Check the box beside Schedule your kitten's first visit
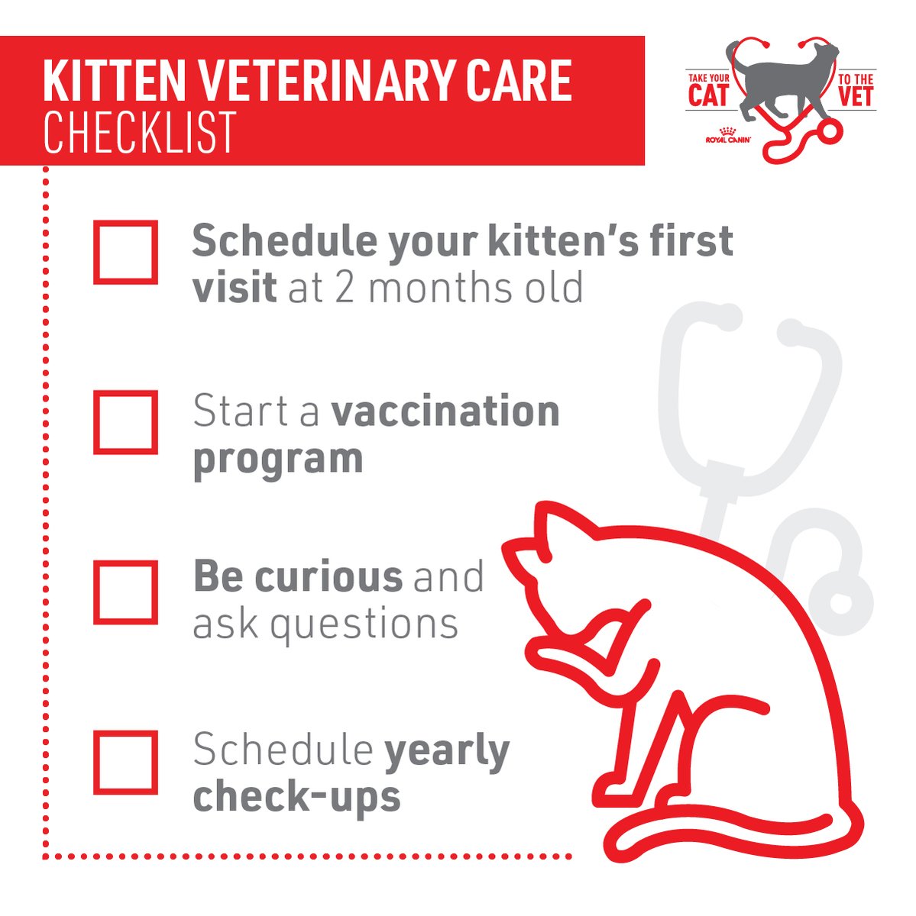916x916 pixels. pyautogui.click(x=125, y=253)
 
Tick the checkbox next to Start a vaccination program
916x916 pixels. pyautogui.click(x=125, y=422)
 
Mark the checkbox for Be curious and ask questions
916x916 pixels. pyautogui.click(x=125, y=592)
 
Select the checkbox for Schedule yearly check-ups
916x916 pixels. pyautogui.click(x=125, y=762)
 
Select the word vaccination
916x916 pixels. pyautogui.click(x=445, y=412)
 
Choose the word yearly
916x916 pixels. pyautogui.click(x=446, y=752)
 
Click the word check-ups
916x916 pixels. pyautogui.click(x=296, y=796)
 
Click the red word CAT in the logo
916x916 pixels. pyautogui.click(x=709, y=97)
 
